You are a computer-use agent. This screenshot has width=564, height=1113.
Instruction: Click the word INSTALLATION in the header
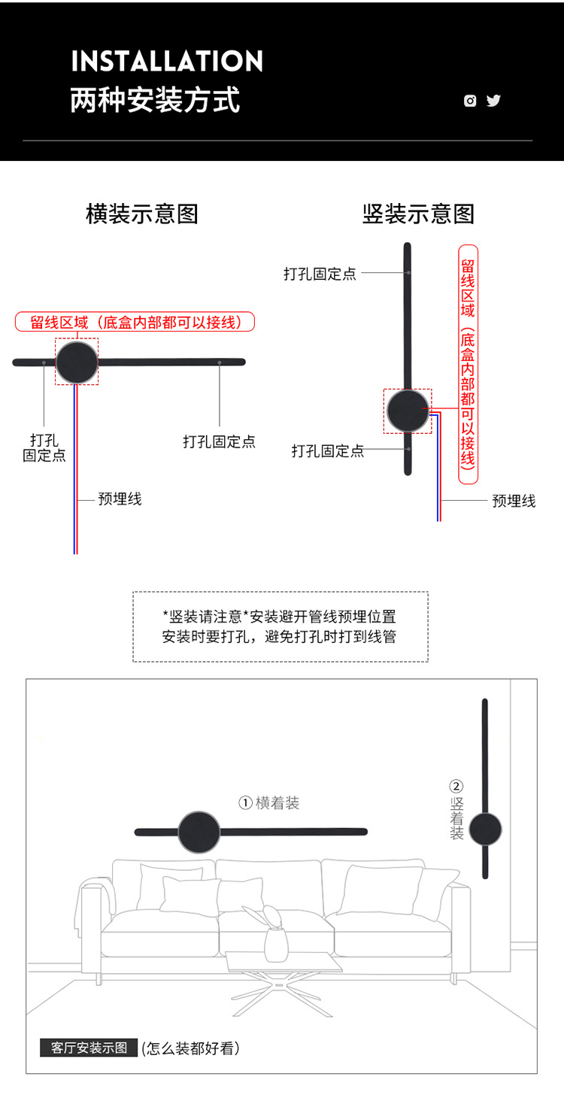[167, 61]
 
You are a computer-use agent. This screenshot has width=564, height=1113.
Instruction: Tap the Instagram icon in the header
[470, 101]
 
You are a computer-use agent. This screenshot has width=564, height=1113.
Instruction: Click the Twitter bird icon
[493, 101]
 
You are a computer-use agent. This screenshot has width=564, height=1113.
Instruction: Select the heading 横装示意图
[142, 214]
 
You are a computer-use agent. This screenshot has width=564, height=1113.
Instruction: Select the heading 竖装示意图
[418, 214]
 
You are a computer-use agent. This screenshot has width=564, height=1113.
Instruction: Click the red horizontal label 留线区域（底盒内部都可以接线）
[135, 323]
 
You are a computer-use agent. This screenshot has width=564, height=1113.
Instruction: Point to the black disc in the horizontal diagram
[77, 362]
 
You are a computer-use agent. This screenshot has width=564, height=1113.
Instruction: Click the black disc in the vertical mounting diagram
[408, 411]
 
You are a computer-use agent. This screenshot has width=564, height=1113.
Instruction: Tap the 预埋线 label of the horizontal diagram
[120, 499]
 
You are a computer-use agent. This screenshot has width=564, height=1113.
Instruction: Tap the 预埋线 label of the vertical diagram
[514, 501]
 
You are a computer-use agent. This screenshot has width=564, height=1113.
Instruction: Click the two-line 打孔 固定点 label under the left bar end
[44, 447]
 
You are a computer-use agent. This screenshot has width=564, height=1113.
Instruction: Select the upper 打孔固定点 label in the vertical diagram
[320, 274]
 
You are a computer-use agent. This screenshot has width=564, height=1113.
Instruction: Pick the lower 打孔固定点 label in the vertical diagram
[328, 451]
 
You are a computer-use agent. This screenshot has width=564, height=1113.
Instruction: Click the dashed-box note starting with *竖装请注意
[280, 626]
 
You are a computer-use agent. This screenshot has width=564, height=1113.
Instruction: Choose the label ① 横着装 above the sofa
[269, 803]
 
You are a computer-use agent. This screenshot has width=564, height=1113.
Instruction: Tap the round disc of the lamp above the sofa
[199, 832]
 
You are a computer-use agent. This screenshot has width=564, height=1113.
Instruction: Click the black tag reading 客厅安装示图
[89, 1048]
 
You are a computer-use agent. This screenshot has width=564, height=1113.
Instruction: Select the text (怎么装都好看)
[191, 1048]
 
